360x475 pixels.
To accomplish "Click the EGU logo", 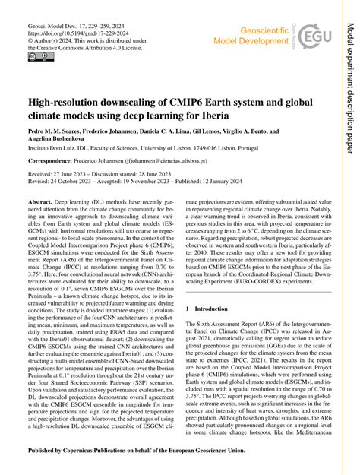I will [315, 35].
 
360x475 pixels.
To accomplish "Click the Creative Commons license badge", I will [38, 57].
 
